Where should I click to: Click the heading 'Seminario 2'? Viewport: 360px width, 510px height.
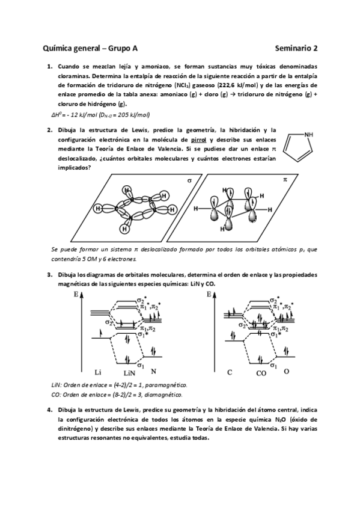[296, 51]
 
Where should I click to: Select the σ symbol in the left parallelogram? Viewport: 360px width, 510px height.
[189, 180]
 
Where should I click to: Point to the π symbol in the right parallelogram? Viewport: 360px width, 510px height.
[285, 180]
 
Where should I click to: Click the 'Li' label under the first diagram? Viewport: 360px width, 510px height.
[99, 372]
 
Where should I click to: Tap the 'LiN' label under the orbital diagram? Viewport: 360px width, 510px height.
[128, 373]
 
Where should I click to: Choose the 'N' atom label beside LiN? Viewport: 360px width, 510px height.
[154, 371]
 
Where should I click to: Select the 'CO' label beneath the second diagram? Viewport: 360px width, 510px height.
[261, 373]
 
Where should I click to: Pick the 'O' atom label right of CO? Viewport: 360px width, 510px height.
[286, 371]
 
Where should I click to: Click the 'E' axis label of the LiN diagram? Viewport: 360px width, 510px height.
[76, 295]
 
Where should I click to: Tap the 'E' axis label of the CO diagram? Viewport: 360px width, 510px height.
[209, 295]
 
